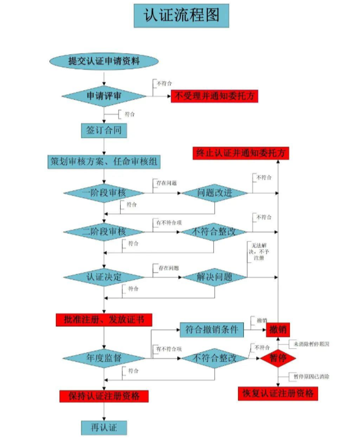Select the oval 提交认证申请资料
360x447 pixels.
pyautogui.click(x=104, y=61)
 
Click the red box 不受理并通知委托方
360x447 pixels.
pyautogui.click(x=214, y=97)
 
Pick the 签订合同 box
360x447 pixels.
pyautogui.click(x=104, y=129)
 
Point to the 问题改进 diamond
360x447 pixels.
pyautogui.click(x=214, y=193)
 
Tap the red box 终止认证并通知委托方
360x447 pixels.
pyautogui.click(x=242, y=153)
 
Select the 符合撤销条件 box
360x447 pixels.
pyautogui.click(x=211, y=330)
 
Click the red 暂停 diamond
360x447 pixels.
pyautogui.click(x=278, y=358)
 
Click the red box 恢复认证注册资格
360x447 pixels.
pyautogui.click(x=278, y=393)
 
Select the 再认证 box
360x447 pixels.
pyautogui.click(x=104, y=427)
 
